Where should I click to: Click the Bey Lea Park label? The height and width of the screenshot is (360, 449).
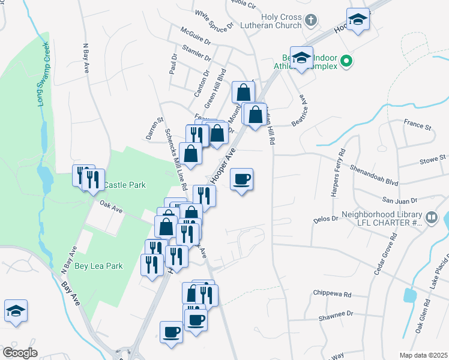[x=98, y=265]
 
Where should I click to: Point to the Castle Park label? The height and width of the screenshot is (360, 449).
[x=124, y=185]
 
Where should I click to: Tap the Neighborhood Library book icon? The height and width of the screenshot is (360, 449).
[x=431, y=217]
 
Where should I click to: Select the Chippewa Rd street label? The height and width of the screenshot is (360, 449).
[x=331, y=294]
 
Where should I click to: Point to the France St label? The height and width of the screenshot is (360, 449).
[x=418, y=127]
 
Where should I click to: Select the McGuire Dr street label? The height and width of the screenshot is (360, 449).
[x=197, y=36]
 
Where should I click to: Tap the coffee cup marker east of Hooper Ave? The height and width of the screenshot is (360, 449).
[x=241, y=179]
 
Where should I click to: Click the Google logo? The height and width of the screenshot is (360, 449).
[x=20, y=352]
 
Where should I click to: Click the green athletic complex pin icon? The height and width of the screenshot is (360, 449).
[x=346, y=61]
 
